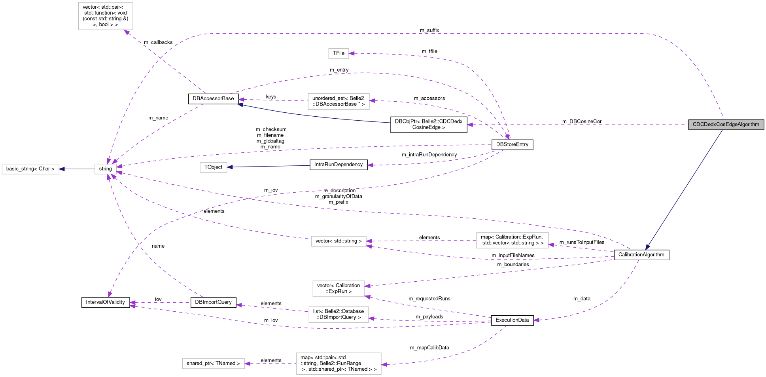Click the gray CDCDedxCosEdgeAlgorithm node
pyautogui.click(x=726, y=125)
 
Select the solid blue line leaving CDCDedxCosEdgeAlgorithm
pyautogui.click(x=684, y=190)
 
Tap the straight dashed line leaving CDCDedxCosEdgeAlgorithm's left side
pyautogui.click(x=577, y=125)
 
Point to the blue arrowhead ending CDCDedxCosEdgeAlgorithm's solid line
pyautogui.click(x=647, y=247)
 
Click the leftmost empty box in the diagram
pyautogui.click(x=30, y=169)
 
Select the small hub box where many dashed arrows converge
pyautogui.click(x=106, y=169)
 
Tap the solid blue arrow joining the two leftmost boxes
pyautogui.click(x=77, y=169)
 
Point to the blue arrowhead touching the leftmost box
pyautogui.click(x=62, y=169)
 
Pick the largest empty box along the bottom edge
pyautogui.click(x=339, y=364)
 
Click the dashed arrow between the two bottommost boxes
pyautogui.click(x=270, y=364)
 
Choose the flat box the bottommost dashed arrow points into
pyautogui.click(x=213, y=364)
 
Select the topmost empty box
pyautogui.click(x=106, y=16)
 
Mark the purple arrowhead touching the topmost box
pyautogui.click(x=127, y=32)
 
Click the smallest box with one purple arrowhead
pyautogui.click(x=339, y=53)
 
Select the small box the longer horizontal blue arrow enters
pyautogui.click(x=213, y=167)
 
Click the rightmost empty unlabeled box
pyautogui.click(x=512, y=240)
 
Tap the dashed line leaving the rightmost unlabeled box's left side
pyautogui.click(x=421, y=241)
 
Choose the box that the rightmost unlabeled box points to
pyautogui.click(x=339, y=241)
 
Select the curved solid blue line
pyautogui.click(x=312, y=116)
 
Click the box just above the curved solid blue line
pyautogui.click(x=339, y=102)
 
